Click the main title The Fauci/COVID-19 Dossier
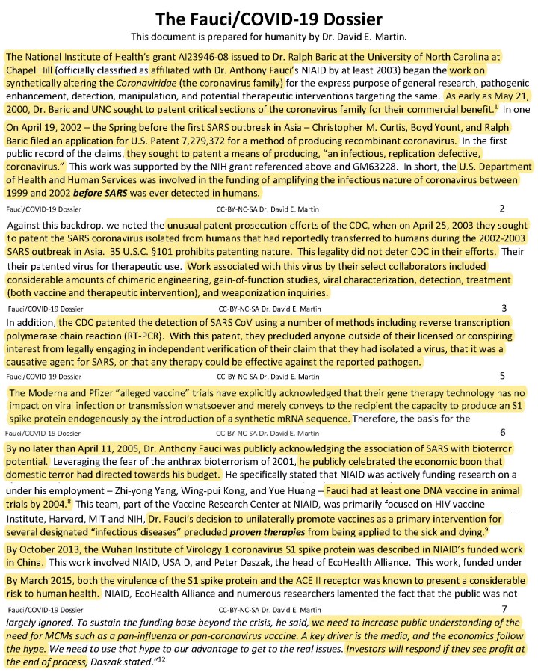[268, 19]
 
